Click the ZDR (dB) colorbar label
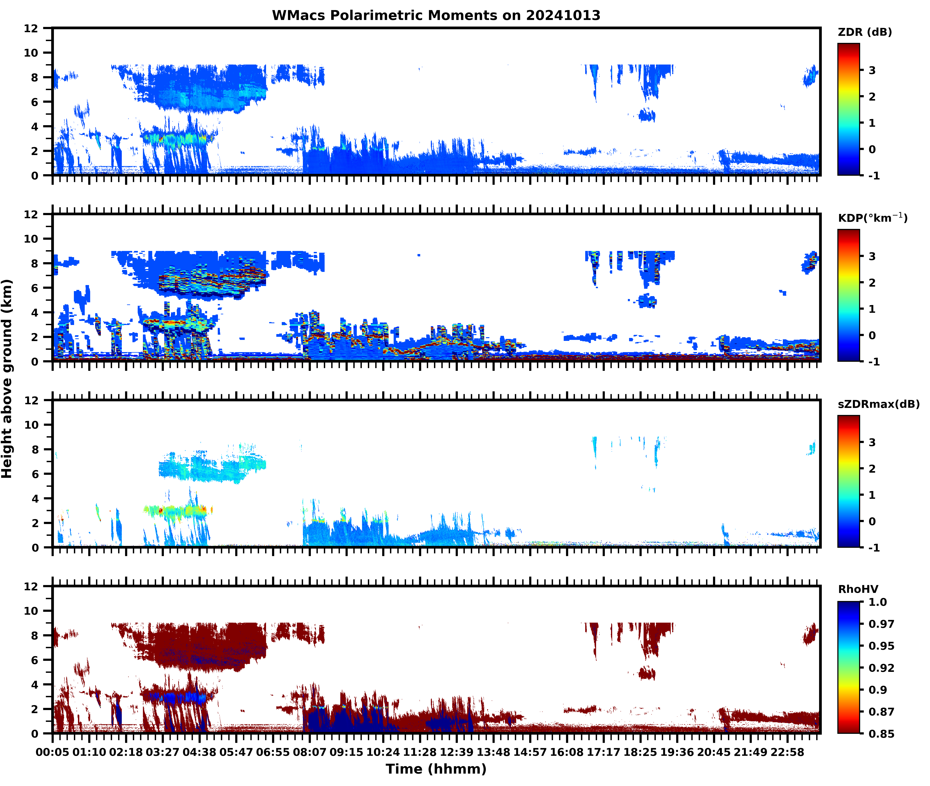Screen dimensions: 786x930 click(864, 32)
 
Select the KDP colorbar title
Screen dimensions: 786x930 click(872, 218)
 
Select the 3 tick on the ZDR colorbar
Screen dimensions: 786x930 click(872, 70)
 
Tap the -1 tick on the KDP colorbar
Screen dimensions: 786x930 click(874, 362)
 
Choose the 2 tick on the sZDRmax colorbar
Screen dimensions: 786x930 click(872, 469)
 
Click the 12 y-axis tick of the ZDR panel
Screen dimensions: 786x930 click(31, 28)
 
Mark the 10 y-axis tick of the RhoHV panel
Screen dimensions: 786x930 click(31, 611)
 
